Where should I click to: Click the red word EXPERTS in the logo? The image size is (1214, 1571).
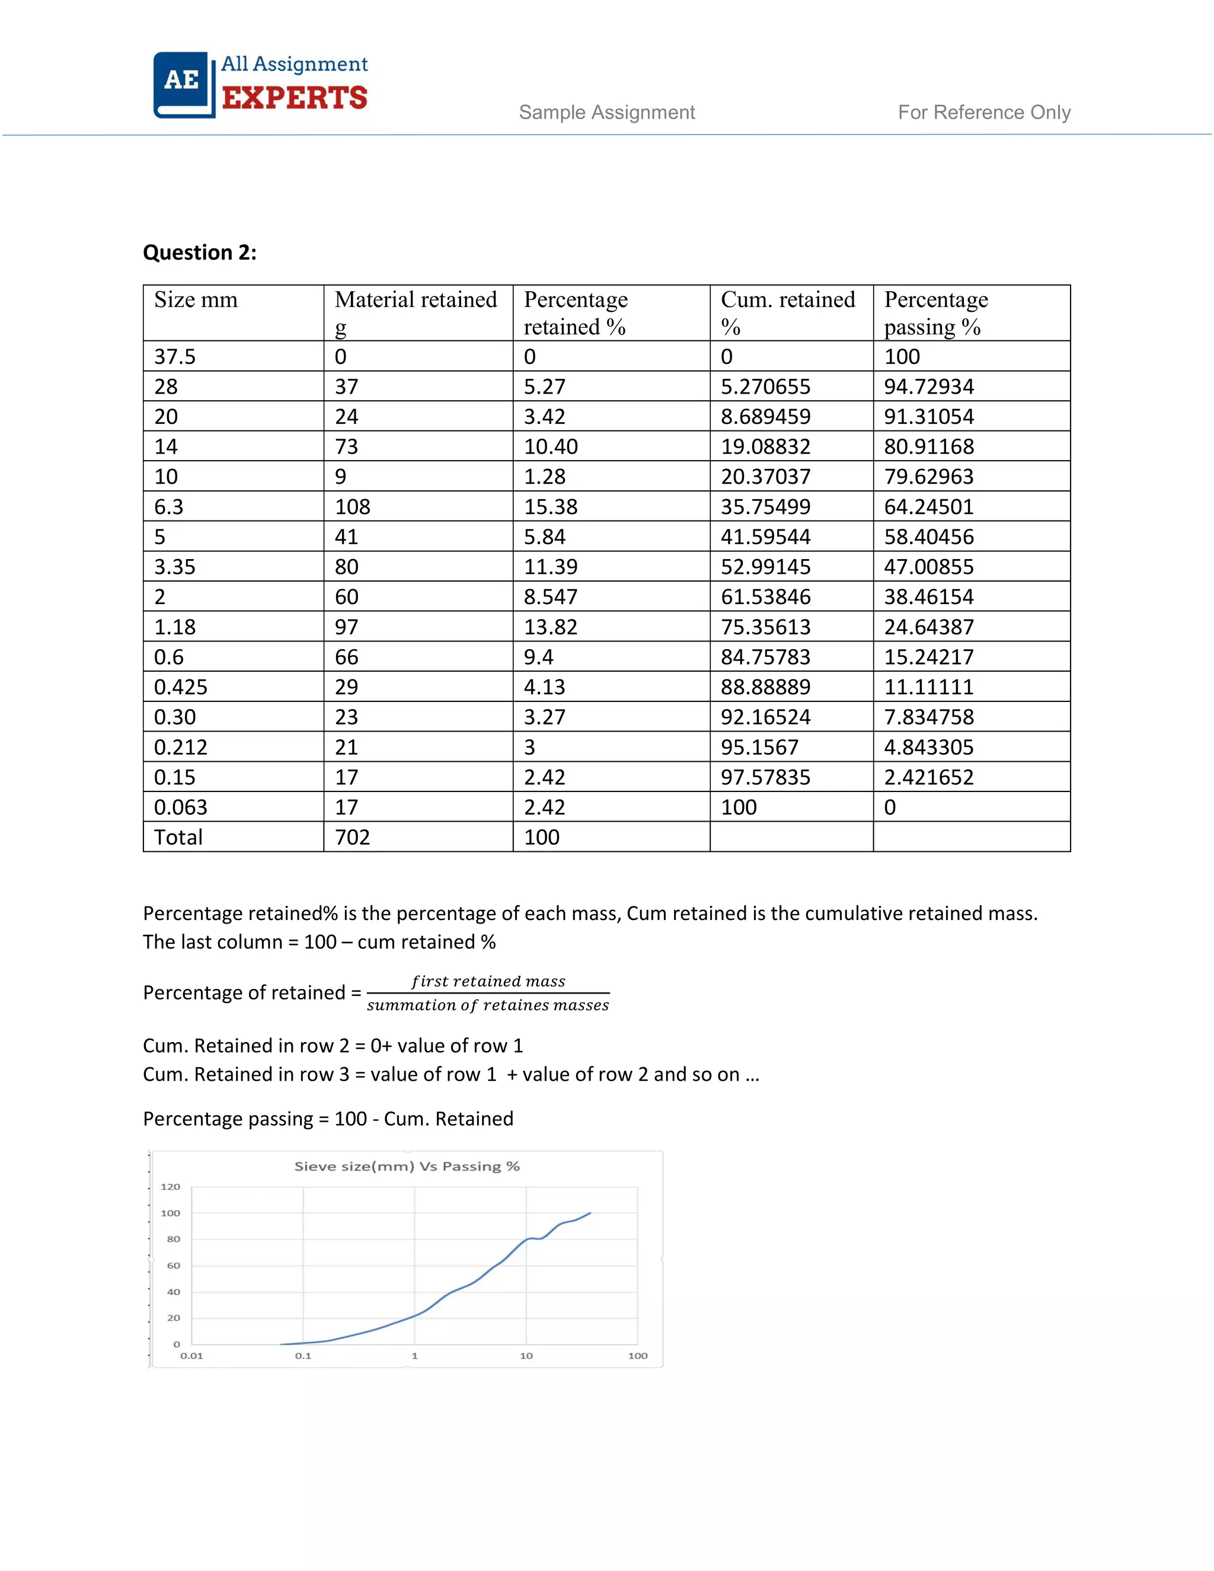click(294, 98)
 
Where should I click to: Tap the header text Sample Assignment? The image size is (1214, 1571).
click(606, 112)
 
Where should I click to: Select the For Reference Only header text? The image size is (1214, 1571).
click(984, 112)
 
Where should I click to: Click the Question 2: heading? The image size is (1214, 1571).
click(199, 253)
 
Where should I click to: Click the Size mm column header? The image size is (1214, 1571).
click(196, 300)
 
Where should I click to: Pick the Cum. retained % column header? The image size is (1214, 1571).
click(788, 312)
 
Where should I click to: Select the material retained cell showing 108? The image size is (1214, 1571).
click(353, 507)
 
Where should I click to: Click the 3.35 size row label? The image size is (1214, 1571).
click(175, 567)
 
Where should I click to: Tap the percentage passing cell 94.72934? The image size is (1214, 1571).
click(928, 387)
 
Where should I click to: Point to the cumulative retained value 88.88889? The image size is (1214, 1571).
click(765, 687)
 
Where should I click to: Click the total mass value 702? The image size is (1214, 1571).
click(353, 837)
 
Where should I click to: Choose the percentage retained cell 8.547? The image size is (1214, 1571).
click(550, 597)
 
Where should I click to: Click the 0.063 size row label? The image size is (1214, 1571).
click(181, 807)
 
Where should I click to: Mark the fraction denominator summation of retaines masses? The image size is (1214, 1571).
click(488, 1005)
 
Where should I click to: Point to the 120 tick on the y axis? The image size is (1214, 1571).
click(171, 1187)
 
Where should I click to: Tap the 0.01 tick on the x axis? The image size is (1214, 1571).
click(191, 1356)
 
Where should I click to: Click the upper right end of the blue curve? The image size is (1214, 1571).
click(590, 1214)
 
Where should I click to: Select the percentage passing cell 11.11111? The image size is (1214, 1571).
click(928, 687)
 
